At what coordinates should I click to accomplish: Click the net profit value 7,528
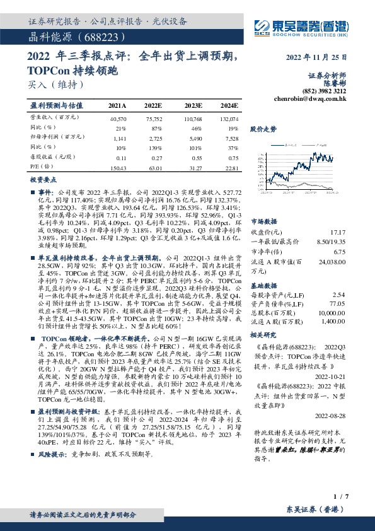tap(231, 137)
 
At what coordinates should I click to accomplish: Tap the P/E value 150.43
tap(118, 168)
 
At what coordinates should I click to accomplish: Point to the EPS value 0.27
tap(156, 158)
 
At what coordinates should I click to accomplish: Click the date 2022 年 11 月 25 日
tap(316, 59)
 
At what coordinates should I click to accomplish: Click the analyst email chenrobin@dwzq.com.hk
tap(311, 98)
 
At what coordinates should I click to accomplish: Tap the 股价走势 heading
tap(263, 129)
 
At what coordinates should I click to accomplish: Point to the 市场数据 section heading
tap(263, 222)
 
